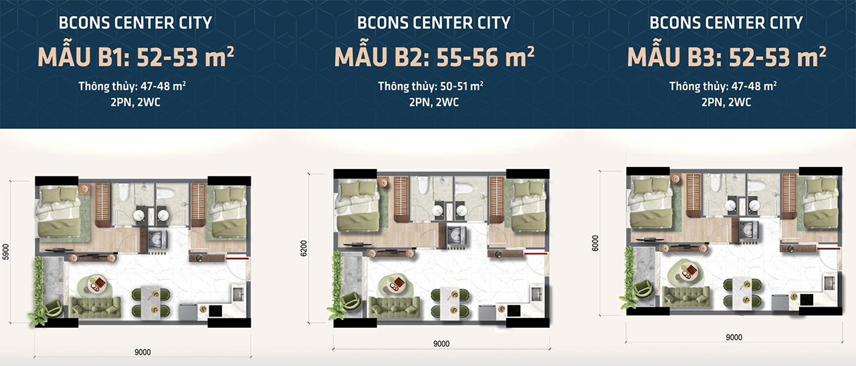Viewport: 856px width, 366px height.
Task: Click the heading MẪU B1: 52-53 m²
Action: click(136, 57)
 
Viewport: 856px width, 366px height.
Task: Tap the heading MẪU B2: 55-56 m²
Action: click(434, 57)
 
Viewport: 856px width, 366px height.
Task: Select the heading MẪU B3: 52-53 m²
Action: click(726, 57)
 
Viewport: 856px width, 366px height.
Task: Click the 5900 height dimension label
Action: click(5, 252)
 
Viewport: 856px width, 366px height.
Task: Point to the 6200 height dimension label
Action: click(304, 248)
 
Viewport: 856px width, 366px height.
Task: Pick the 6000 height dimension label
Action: click(595, 243)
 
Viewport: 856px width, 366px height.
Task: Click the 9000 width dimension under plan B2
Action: click(441, 344)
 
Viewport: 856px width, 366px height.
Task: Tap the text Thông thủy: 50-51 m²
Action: click(431, 86)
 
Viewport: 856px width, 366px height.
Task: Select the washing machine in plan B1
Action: click(157, 240)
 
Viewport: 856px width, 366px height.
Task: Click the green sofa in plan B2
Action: click(395, 308)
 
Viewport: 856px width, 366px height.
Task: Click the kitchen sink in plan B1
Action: click(237, 295)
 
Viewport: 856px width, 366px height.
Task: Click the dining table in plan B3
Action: click(742, 293)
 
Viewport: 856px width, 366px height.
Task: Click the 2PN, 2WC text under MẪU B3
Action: click(726, 102)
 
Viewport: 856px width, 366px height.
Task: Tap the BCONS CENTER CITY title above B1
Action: click(135, 23)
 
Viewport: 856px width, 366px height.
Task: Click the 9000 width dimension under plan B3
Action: click(734, 337)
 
